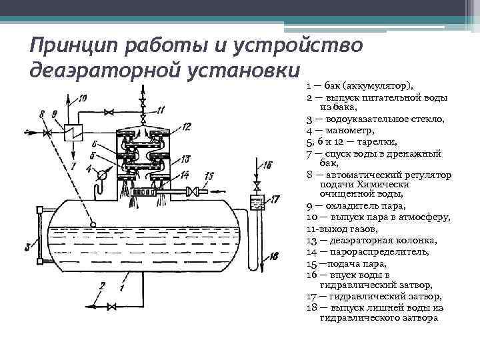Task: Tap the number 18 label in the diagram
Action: click(x=275, y=255)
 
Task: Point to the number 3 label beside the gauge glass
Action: click(x=28, y=247)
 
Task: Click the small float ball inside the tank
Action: click(x=93, y=223)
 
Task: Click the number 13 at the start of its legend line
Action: click(x=311, y=241)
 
